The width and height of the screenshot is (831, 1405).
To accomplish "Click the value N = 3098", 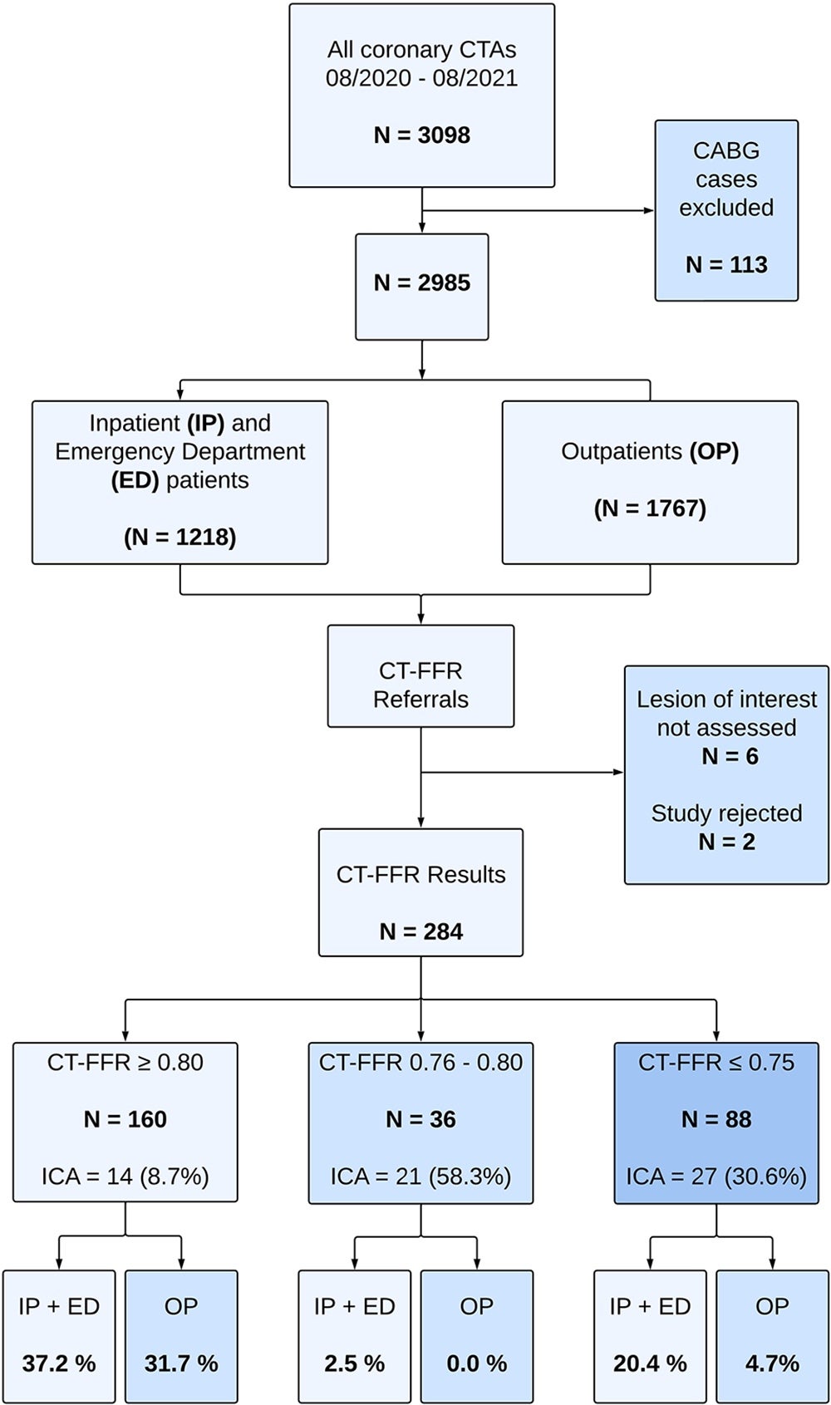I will point(421,135).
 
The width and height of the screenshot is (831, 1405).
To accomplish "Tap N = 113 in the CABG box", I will point(726,264).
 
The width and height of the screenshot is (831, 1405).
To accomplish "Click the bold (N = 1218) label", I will point(179,537).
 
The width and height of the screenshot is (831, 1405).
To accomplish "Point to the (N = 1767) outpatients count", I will point(650,508).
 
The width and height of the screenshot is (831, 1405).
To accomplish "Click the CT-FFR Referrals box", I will point(420,676).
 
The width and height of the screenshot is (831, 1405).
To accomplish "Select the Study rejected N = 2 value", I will point(726,842).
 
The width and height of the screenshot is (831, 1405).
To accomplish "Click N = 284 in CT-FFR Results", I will point(420,931).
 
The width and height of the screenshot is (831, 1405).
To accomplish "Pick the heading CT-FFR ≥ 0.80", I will point(125,1063).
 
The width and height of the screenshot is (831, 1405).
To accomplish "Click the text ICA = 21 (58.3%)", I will point(420,1177).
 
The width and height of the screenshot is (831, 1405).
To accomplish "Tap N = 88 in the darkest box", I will point(715,1119).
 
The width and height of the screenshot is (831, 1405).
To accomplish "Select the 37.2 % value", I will point(59,1363).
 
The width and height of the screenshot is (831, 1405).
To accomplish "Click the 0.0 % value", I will point(476,1363).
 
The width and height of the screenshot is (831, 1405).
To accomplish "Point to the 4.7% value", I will point(772,1363).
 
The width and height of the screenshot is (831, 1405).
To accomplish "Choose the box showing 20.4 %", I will point(650,1336).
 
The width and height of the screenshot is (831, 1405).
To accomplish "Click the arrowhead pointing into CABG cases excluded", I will point(649,210).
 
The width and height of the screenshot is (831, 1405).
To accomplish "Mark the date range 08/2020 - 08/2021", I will point(421,78).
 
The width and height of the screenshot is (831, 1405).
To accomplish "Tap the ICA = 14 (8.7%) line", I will point(125,1177).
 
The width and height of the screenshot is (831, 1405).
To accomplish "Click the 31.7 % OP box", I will point(181,1336).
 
